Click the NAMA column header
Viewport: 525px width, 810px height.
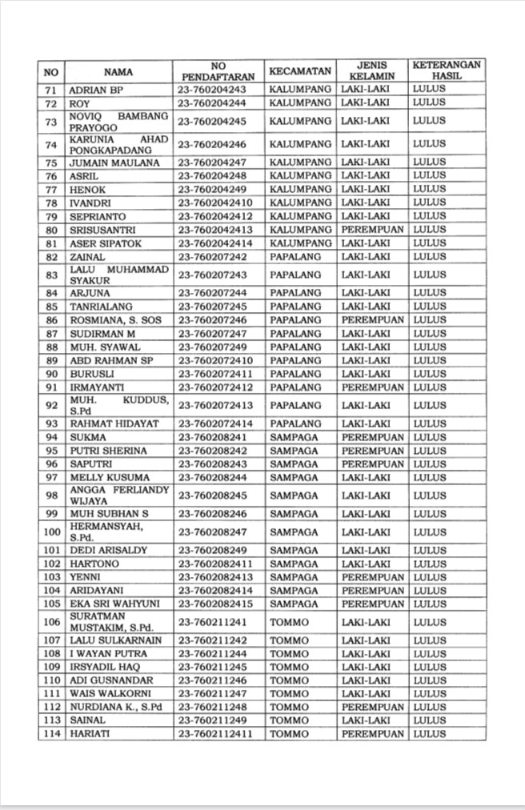[x=118, y=71]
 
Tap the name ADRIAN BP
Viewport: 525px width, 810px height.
[x=95, y=89]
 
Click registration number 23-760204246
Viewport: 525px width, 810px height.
[x=212, y=145]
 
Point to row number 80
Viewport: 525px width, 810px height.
[x=51, y=230]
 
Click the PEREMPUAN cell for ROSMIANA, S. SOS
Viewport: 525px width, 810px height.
[x=372, y=320]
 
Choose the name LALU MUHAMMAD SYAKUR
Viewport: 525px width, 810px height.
[x=118, y=275]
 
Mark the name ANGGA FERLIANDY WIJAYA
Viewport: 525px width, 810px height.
[x=118, y=495]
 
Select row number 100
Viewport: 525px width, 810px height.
[x=51, y=531]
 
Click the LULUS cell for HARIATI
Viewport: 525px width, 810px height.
[x=430, y=734]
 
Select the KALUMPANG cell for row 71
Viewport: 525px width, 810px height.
[x=300, y=89]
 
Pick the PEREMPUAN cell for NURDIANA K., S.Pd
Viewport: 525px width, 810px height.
[x=372, y=707]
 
